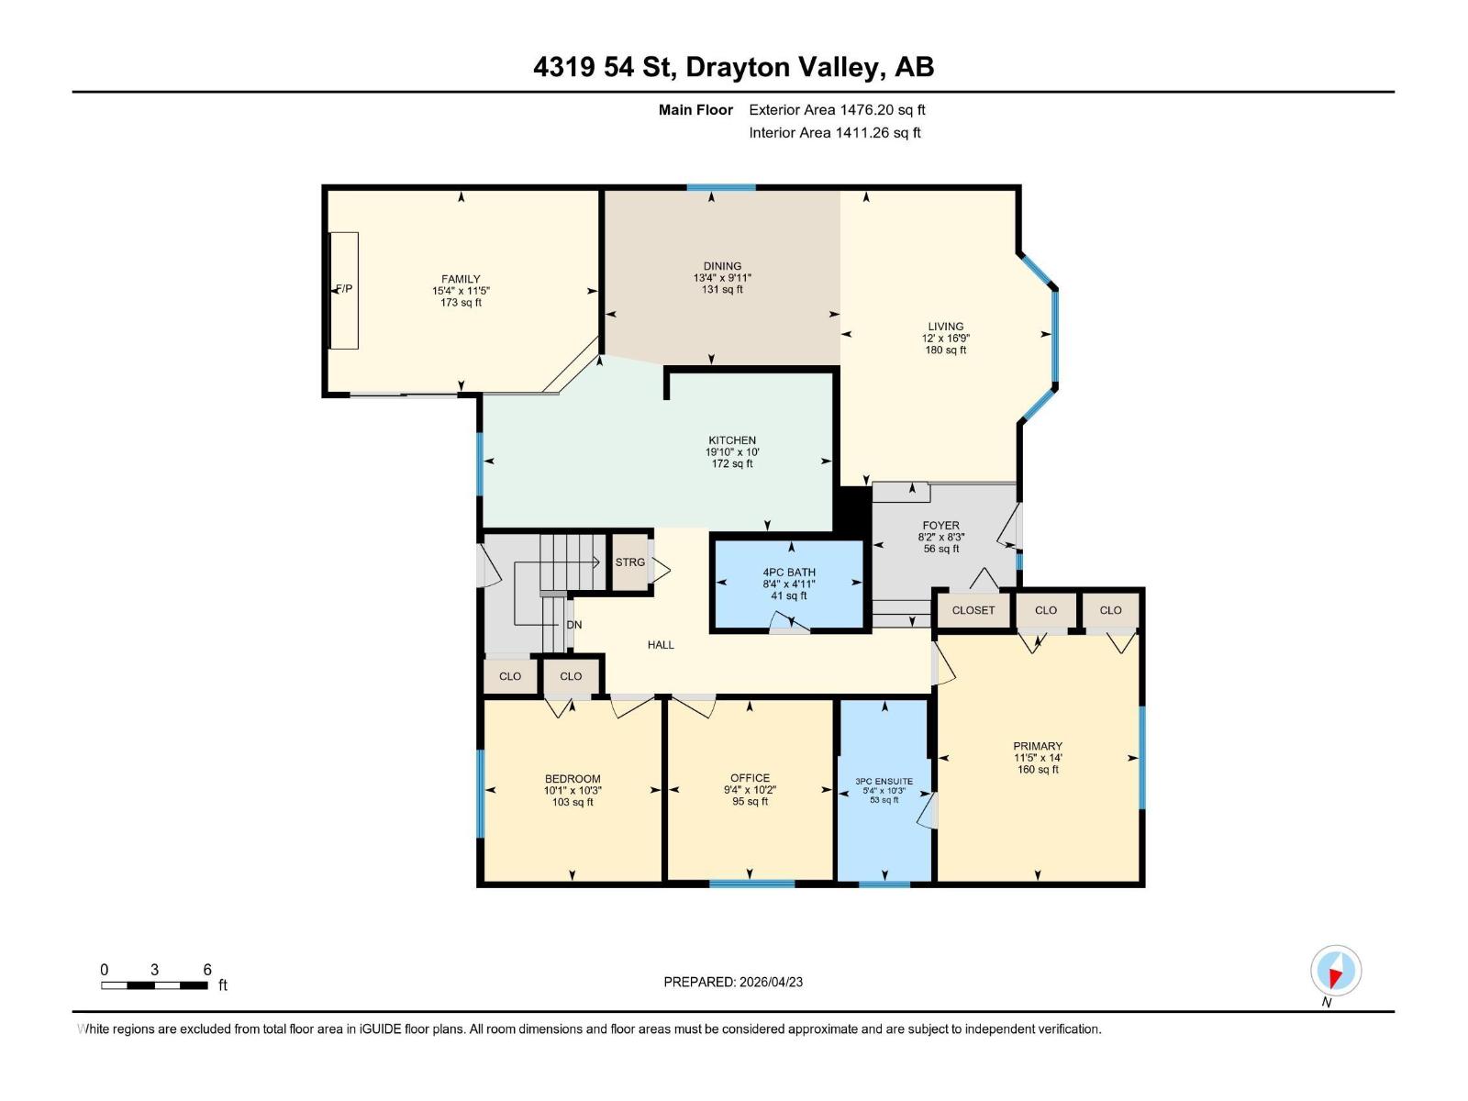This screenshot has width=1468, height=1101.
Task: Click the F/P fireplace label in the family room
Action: tap(344, 289)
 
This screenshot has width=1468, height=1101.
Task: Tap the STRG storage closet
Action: tap(630, 562)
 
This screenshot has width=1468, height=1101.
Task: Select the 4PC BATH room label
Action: tap(789, 572)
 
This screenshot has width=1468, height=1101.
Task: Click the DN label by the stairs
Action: tap(574, 625)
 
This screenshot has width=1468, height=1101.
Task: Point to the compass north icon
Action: tap(1336, 971)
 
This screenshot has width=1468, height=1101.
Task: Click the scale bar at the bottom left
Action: tap(154, 985)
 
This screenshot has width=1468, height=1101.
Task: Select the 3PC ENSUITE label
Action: tap(884, 782)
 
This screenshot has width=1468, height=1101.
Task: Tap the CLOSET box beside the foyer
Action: tap(973, 610)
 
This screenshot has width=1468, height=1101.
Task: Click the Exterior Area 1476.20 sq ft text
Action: tap(837, 110)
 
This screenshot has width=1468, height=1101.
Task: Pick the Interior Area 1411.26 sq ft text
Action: tap(834, 133)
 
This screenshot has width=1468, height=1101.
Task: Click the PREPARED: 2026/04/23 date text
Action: tap(733, 982)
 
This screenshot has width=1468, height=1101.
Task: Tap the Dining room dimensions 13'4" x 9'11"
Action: tap(722, 278)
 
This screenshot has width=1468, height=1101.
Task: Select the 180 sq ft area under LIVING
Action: tap(945, 350)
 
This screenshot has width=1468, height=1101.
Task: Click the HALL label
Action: tap(661, 645)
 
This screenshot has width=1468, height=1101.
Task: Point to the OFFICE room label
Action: tap(750, 778)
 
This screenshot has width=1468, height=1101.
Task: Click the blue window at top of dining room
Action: tap(721, 187)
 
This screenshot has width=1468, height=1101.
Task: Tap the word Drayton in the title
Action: tap(738, 67)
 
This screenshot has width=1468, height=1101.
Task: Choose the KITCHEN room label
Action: tap(732, 440)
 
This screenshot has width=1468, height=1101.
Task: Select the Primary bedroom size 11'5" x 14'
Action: tap(1038, 758)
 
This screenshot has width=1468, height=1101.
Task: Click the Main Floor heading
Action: tap(695, 110)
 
